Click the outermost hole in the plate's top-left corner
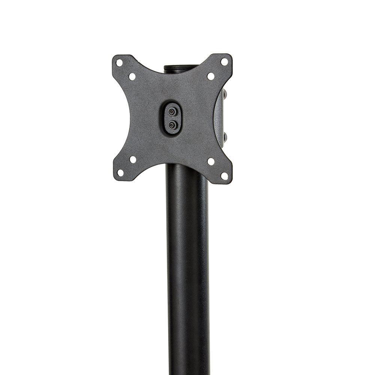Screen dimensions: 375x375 pyautogui.click(x=119, y=63)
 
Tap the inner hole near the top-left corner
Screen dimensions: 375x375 pyautogui.click(x=132, y=76)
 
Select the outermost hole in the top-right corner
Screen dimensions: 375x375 pyautogui.click(x=224, y=61)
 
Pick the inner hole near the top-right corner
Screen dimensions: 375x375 pyautogui.click(x=211, y=76)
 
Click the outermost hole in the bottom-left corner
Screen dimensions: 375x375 pyautogui.click(x=120, y=173)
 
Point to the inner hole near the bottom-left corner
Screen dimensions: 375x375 pyautogui.click(x=133, y=159)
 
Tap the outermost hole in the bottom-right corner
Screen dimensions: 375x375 pyautogui.click(x=224, y=175)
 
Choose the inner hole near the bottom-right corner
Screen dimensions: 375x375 pyautogui.click(x=211, y=162)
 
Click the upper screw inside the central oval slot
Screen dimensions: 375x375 pyautogui.click(x=172, y=112)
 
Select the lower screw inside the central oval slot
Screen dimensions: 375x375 pyautogui.click(x=172, y=125)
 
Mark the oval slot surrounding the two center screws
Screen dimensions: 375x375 pyautogui.click(x=172, y=118)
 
